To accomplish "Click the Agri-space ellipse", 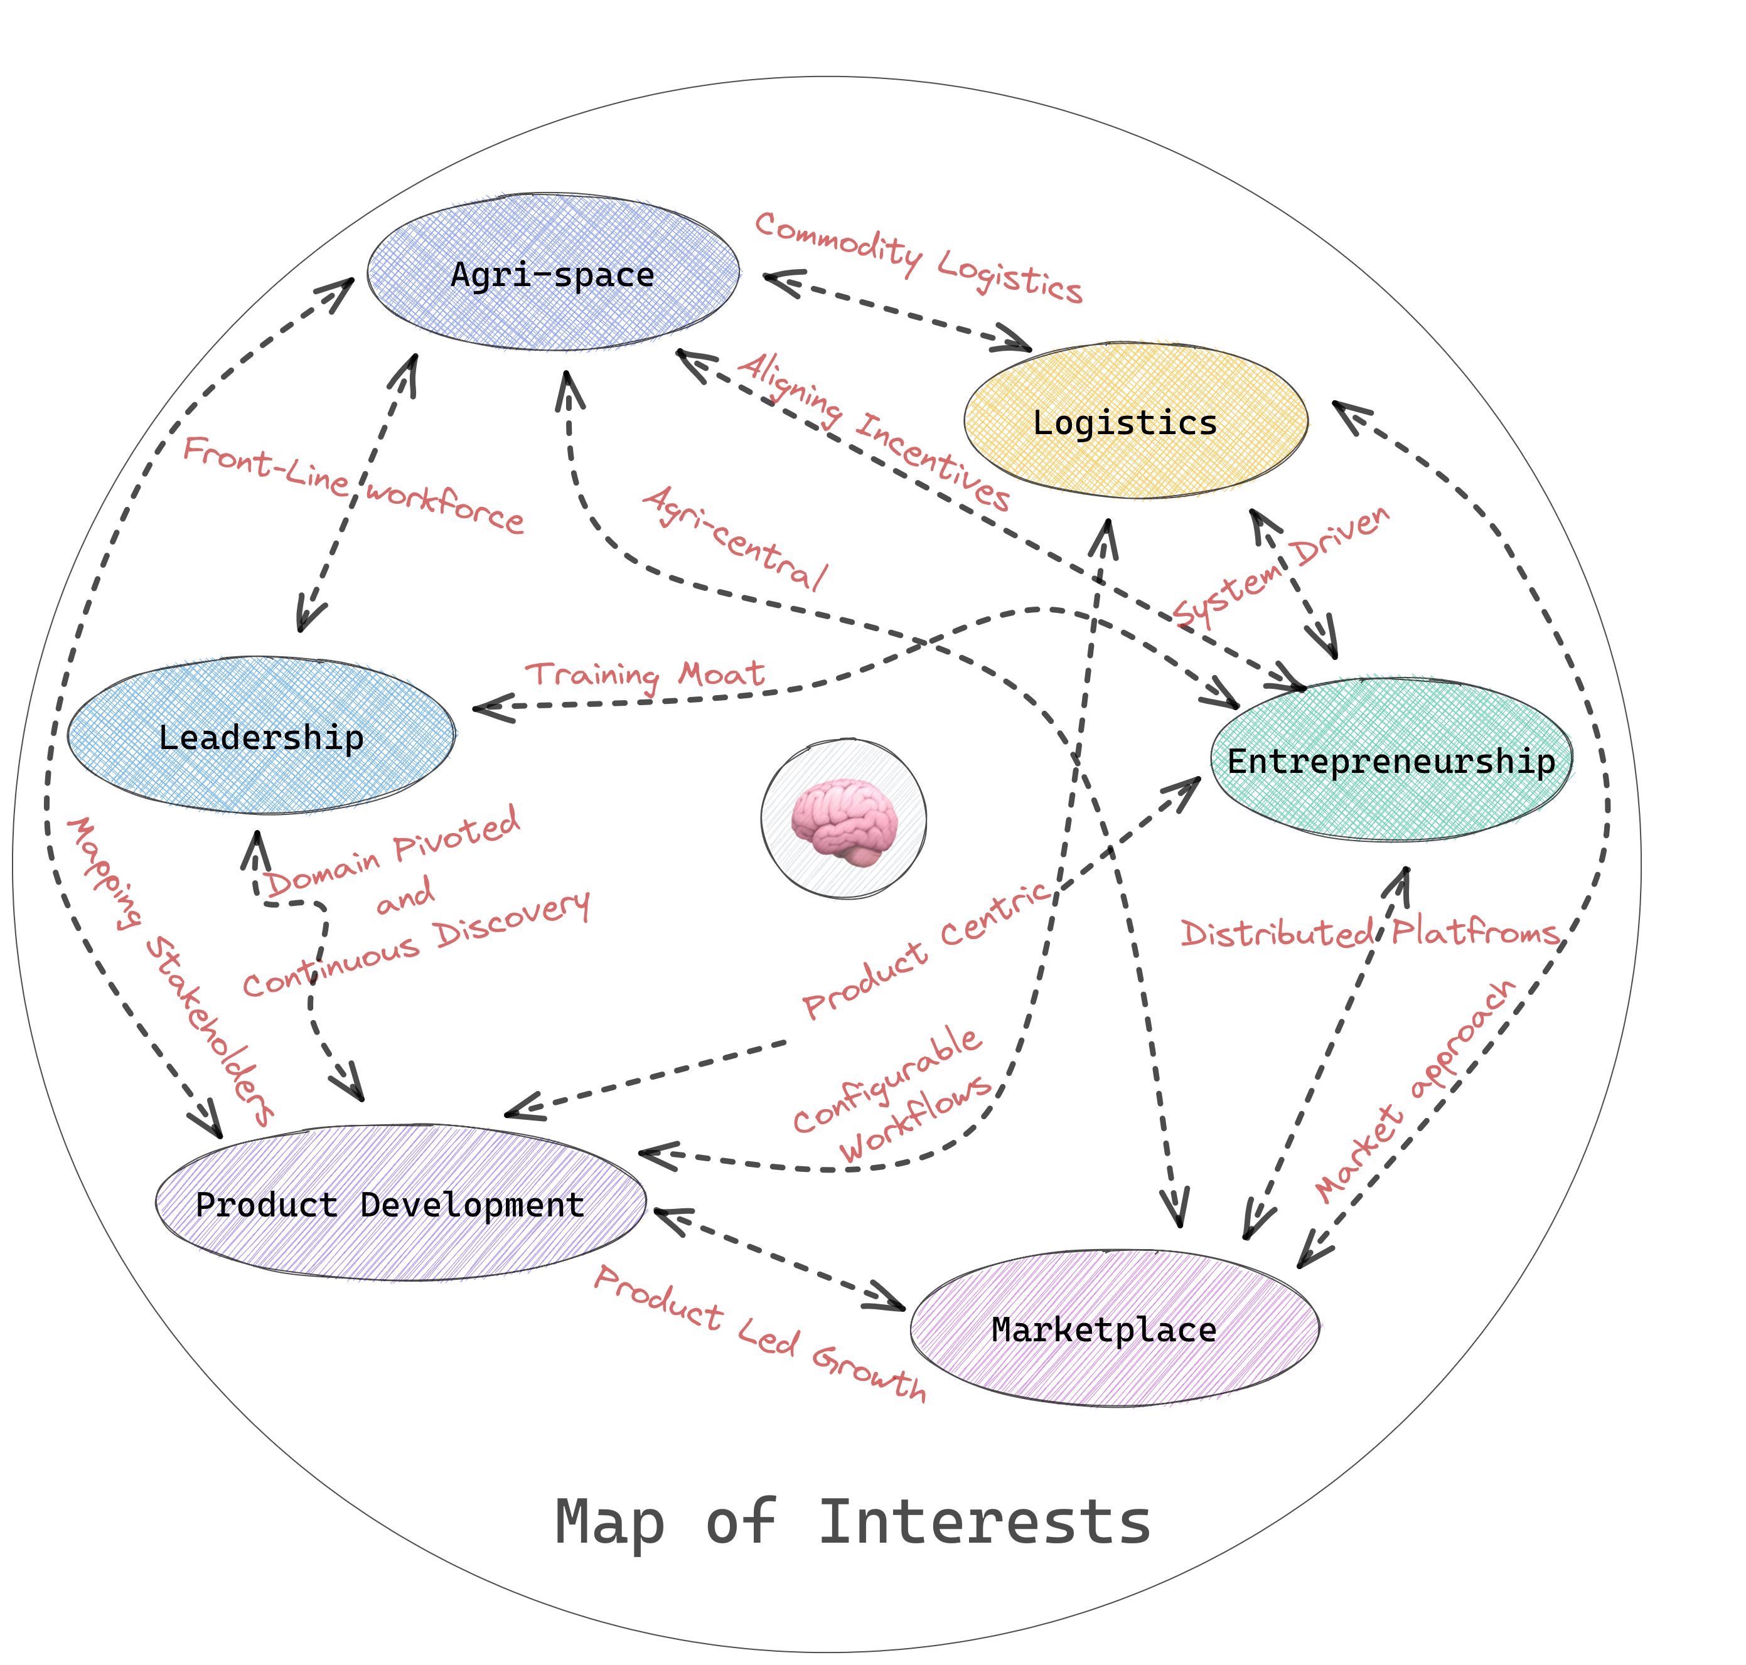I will [552, 274].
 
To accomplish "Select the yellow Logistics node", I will [1135, 421].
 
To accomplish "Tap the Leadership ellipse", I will [261, 737].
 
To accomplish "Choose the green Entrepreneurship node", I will [1390, 760].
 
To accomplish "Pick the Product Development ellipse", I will [399, 1203].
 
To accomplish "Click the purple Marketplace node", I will [1113, 1329].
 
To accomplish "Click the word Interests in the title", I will [983, 1521].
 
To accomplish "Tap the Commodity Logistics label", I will [918, 257].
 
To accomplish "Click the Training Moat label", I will [645, 676].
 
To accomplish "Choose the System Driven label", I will [1281, 568].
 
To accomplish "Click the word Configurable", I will [887, 1079].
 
